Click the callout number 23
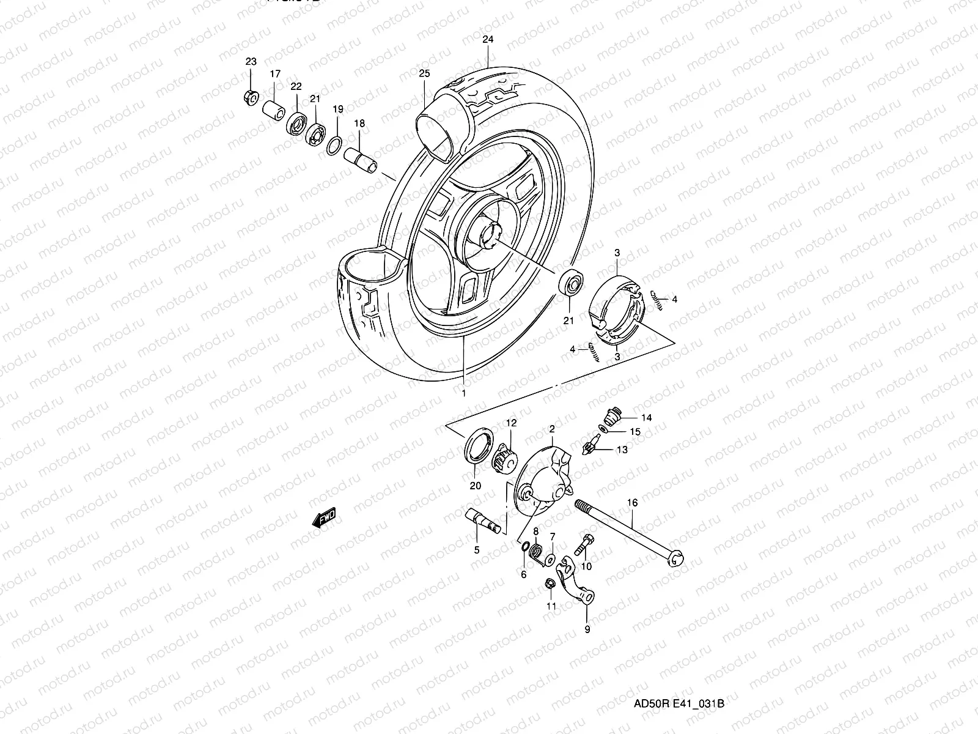click(x=251, y=62)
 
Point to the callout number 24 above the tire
click(x=487, y=39)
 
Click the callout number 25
click(x=424, y=73)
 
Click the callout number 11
click(x=551, y=607)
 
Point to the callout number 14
click(x=646, y=418)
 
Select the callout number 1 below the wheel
click(x=463, y=393)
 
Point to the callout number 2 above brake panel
click(x=551, y=429)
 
